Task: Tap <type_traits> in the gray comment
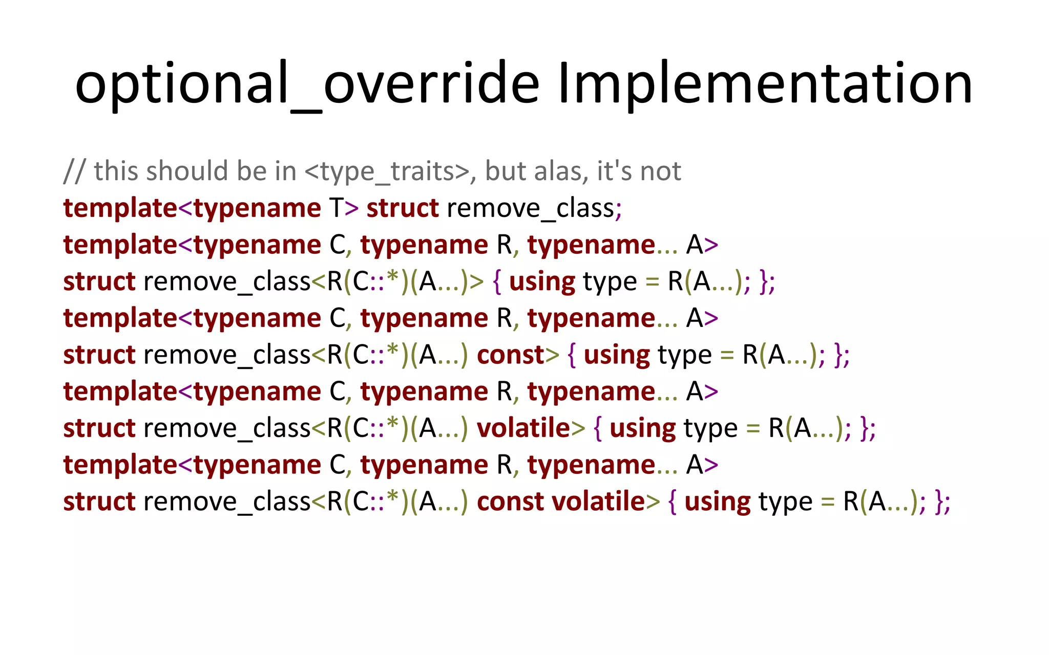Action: [x=387, y=171]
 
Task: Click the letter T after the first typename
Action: [x=337, y=208]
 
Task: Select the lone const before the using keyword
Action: [x=510, y=355]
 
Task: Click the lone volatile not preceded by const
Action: [x=523, y=428]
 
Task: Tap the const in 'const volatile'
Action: [x=510, y=501]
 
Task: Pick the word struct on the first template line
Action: [x=403, y=208]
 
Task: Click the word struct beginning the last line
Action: [x=99, y=501]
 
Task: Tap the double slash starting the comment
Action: [x=74, y=171]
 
